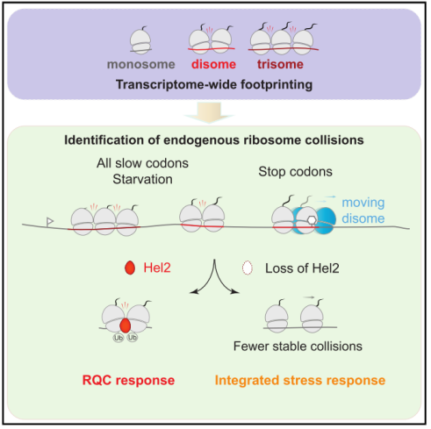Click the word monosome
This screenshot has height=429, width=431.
coord(141,64)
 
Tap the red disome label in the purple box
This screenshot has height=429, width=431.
coord(213,64)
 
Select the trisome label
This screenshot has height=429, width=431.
coord(280,64)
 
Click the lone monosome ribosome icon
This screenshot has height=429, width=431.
coord(140,40)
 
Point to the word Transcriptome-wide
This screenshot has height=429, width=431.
coord(176,85)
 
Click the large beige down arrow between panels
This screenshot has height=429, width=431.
coord(209,113)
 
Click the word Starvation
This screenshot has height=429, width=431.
coord(142,179)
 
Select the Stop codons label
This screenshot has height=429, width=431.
coord(295,172)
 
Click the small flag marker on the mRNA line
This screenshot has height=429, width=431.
coord(50,222)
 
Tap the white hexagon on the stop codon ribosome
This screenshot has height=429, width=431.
coord(312,220)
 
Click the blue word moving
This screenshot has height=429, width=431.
coord(363,203)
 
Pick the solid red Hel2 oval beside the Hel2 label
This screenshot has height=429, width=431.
coord(130,268)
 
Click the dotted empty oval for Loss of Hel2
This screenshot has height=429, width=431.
coord(248,268)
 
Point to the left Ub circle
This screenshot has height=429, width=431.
coord(119,338)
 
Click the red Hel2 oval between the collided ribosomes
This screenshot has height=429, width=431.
coord(126,325)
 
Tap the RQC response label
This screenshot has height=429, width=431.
coord(128,381)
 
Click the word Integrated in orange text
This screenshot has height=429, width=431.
coord(247,381)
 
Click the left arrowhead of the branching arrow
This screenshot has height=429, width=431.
coord(193,291)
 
